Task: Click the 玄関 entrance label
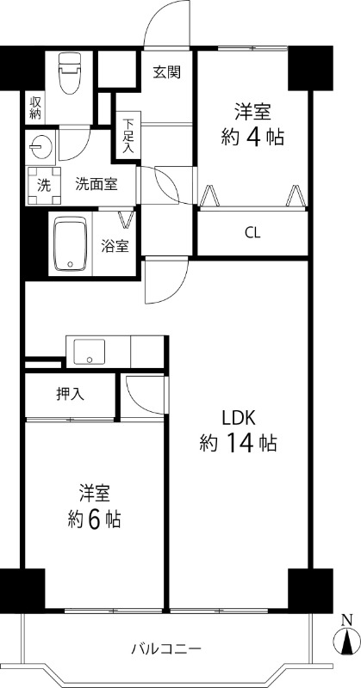point(167,72)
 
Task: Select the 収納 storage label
point(35,107)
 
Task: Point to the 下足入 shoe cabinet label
point(128,137)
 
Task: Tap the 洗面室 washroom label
point(96,182)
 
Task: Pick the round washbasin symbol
point(40,145)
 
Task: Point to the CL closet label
point(252,232)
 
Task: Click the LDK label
point(239,418)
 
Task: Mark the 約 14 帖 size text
point(238,445)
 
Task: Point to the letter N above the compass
point(346,619)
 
